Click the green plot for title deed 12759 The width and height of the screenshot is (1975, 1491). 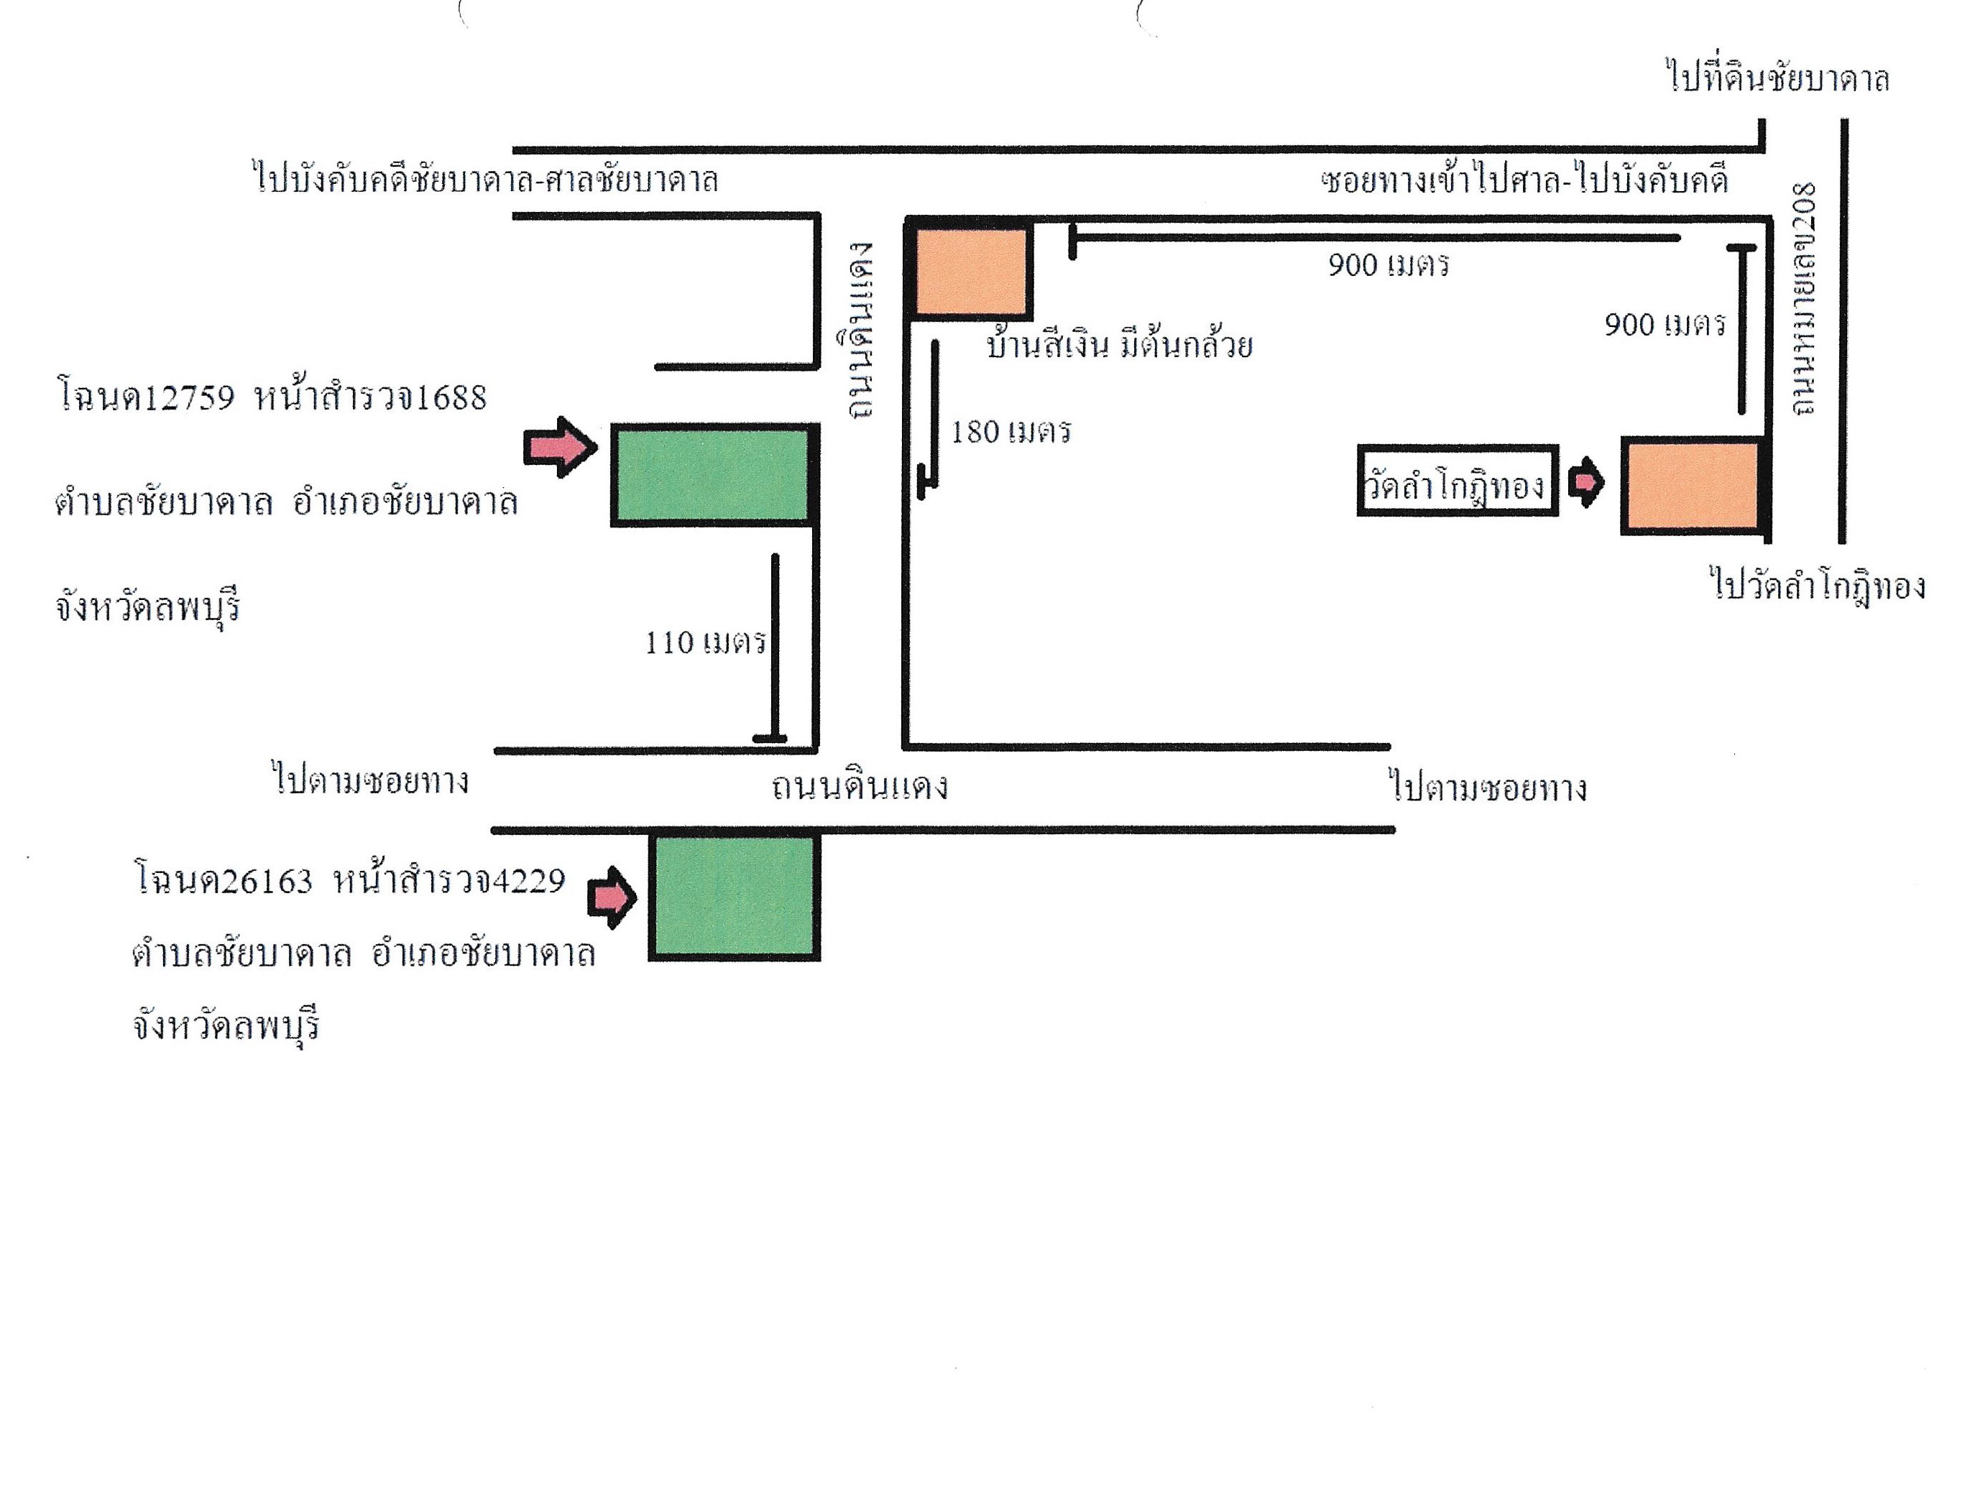click(x=714, y=474)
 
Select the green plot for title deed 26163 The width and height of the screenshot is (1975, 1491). click(x=734, y=895)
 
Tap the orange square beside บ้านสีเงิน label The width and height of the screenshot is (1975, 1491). click(x=970, y=269)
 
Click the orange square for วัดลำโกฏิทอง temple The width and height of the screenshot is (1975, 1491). click(x=1695, y=486)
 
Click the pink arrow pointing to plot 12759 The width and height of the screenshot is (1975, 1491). click(x=561, y=446)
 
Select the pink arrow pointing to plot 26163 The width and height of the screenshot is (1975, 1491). click(x=612, y=897)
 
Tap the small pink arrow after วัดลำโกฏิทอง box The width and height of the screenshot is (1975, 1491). click(x=1585, y=483)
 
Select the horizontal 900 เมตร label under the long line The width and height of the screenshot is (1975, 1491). click(x=1389, y=265)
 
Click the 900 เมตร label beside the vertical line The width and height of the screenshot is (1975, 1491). click(x=1665, y=324)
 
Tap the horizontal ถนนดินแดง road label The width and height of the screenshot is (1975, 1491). click(x=859, y=787)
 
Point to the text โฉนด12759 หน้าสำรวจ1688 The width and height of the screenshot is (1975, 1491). click(x=272, y=395)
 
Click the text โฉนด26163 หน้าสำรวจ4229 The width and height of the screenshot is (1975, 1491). click(x=350, y=880)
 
